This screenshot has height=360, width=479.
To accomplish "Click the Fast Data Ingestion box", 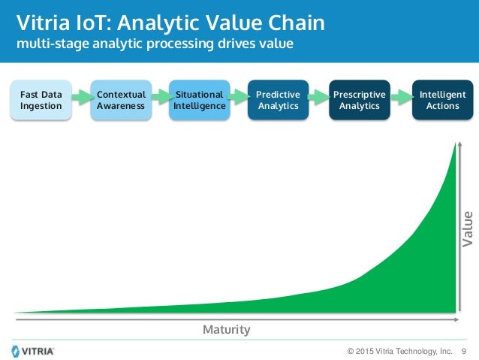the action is tap(41, 100).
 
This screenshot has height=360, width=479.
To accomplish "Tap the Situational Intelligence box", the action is tap(199, 100).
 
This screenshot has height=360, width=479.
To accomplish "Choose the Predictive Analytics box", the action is tap(278, 100).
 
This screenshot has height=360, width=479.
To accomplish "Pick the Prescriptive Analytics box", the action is tap(360, 100).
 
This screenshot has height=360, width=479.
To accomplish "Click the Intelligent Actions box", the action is tap(442, 100).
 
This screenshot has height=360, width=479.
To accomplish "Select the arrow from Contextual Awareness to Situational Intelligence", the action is tap(160, 96).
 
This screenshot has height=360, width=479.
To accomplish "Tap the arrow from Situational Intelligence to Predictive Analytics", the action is tap(239, 96).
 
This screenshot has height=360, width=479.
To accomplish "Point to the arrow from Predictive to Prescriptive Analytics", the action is tap(319, 96).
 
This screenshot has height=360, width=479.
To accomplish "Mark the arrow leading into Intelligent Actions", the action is tap(401, 96).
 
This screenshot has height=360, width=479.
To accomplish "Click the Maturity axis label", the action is tap(226, 330).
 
